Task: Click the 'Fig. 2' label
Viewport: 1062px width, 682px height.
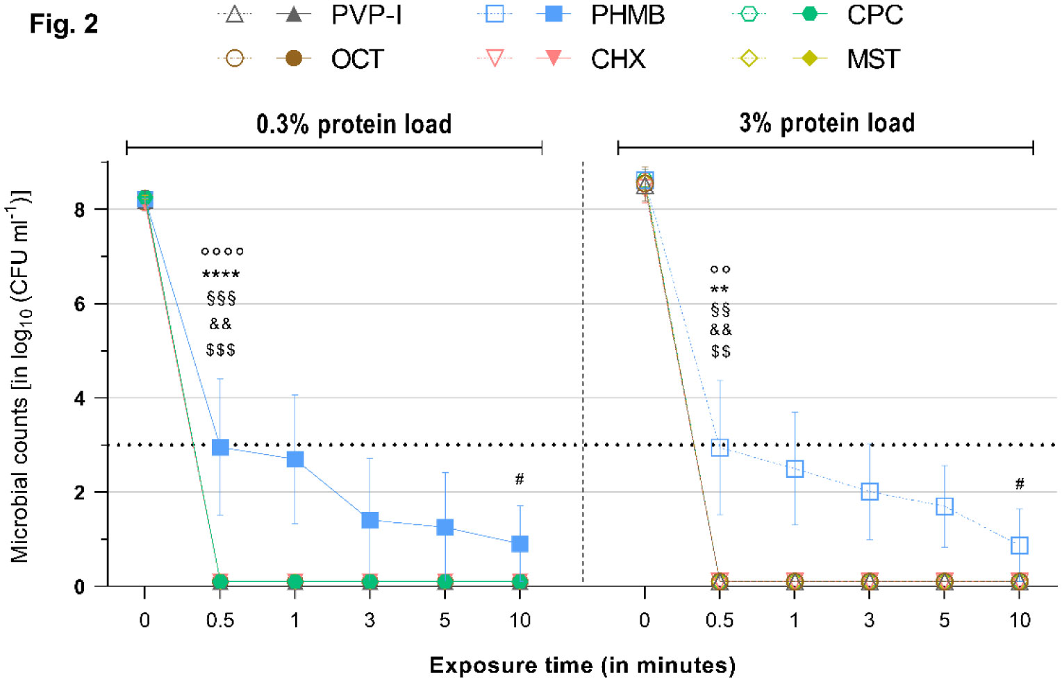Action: coord(63,24)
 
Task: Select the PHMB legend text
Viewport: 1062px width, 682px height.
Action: coord(627,15)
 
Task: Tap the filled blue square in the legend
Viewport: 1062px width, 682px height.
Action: coord(554,15)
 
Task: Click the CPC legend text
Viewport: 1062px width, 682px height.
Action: coord(874,15)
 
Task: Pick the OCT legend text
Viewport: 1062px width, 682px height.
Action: coord(357,60)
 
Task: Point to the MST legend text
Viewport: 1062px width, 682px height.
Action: coord(873,60)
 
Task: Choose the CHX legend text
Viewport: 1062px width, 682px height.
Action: coord(617,60)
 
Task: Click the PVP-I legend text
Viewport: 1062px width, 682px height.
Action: coord(366,15)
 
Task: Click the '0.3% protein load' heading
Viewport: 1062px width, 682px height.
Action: coord(354,124)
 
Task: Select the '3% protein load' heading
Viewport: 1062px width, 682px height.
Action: coord(827,123)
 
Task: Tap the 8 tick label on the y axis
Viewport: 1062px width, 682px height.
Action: coord(80,210)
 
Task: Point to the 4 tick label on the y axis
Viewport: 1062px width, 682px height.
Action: coord(80,399)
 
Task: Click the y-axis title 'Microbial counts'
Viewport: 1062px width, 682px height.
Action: coord(20,375)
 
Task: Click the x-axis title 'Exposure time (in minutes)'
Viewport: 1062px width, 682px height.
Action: coord(582,665)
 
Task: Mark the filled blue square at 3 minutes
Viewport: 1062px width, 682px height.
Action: coord(370,520)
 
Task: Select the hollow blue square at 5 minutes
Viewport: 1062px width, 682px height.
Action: coord(944,506)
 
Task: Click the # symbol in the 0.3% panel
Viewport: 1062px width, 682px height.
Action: coord(520,479)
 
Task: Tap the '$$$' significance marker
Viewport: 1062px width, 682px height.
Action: coord(220,350)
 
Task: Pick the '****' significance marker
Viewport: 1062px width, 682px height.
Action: coord(221,275)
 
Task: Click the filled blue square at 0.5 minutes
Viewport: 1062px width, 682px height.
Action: coord(220,447)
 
